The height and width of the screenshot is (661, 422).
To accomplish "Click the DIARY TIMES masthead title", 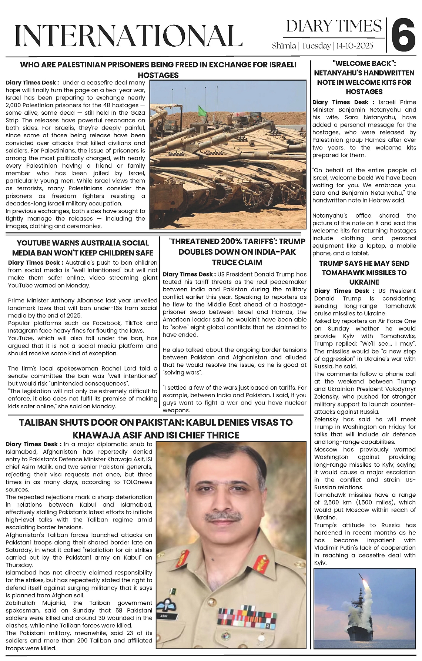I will click(x=334, y=26).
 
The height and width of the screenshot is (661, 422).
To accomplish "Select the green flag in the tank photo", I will click(x=201, y=110).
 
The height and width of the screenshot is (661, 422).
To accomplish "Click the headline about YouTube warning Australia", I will click(x=83, y=248).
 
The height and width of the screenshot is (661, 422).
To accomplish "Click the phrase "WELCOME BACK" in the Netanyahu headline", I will click(x=364, y=64).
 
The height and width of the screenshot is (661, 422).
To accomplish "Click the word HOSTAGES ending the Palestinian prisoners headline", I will click(x=158, y=75).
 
